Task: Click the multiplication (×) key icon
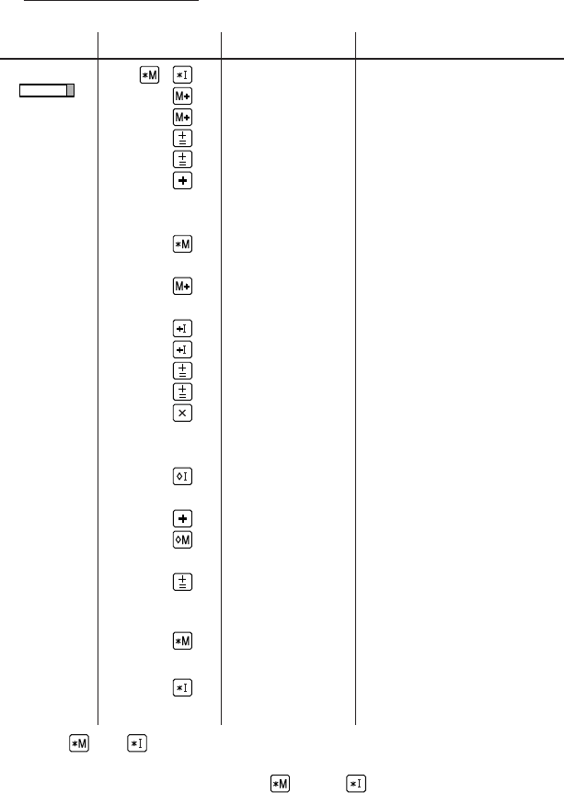pos(182,413)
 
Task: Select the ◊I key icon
pos(182,476)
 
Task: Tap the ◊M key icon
pos(182,539)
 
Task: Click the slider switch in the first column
pos(47,91)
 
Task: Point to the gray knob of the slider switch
pos(70,91)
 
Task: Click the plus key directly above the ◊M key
pos(182,518)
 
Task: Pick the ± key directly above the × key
pos(182,391)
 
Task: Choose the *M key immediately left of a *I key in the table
pos(149,74)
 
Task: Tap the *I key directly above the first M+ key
pos(182,74)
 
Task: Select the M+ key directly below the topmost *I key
pos(182,96)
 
